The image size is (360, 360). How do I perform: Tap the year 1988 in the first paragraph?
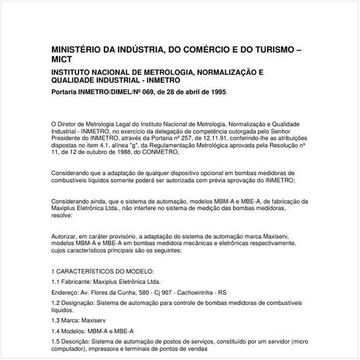(x=115, y=152)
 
